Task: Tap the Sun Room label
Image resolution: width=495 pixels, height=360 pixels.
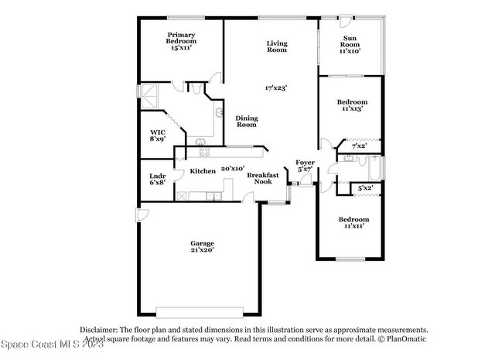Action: [350, 44]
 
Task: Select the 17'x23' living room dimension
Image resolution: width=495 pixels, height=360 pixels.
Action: [276, 87]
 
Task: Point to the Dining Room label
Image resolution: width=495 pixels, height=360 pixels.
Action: [246, 121]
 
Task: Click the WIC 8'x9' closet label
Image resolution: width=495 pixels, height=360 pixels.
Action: [157, 136]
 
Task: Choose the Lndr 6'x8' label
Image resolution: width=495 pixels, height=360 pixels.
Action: [157, 180]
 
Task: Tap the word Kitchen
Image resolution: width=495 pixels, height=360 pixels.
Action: [203, 170]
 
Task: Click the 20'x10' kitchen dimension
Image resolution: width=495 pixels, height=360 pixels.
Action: [233, 168]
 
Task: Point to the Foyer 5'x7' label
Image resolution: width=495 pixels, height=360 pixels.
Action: [304, 165]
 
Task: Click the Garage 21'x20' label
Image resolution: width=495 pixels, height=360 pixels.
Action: [202, 247]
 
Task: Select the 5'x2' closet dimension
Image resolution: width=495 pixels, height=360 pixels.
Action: [365, 188]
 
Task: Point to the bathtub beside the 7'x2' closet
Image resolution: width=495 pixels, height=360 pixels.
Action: [374, 167]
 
